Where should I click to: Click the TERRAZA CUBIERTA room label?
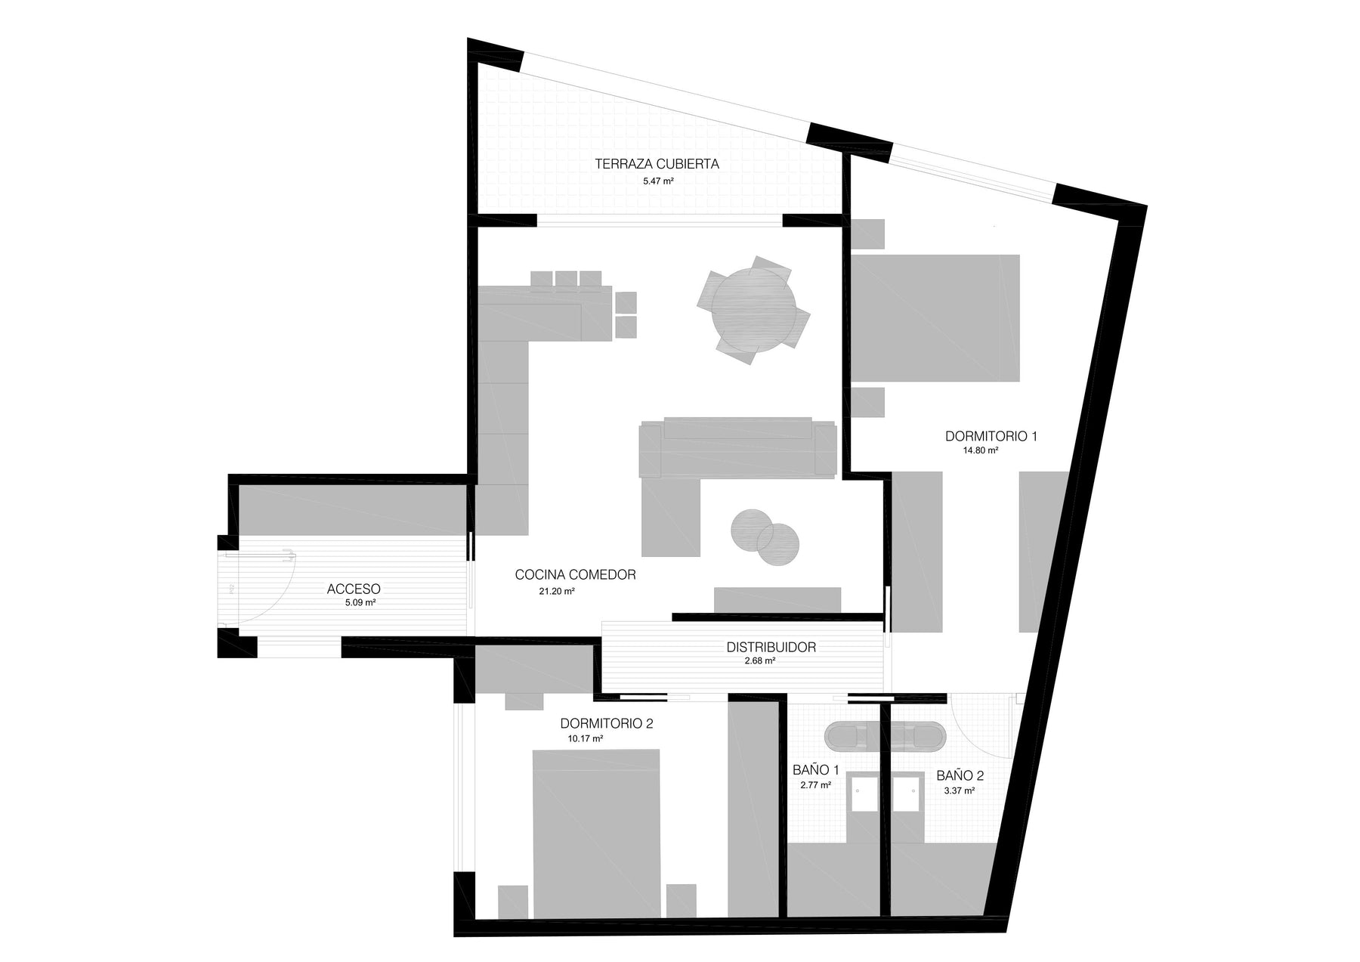(x=657, y=163)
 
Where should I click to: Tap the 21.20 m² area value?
(x=557, y=591)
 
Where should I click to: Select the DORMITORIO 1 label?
(x=991, y=436)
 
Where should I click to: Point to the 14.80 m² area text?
(x=980, y=450)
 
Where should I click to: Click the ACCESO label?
(x=354, y=589)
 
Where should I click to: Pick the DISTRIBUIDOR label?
(x=771, y=647)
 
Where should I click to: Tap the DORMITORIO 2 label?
(x=607, y=723)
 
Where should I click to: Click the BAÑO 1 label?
(x=816, y=770)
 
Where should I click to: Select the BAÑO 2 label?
(x=960, y=775)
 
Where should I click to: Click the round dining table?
(x=753, y=311)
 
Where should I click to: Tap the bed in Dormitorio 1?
(x=935, y=318)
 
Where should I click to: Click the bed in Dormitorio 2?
(x=596, y=834)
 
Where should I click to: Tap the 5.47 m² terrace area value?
(x=658, y=181)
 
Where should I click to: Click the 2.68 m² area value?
(x=760, y=661)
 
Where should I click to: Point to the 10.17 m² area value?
(x=586, y=739)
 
